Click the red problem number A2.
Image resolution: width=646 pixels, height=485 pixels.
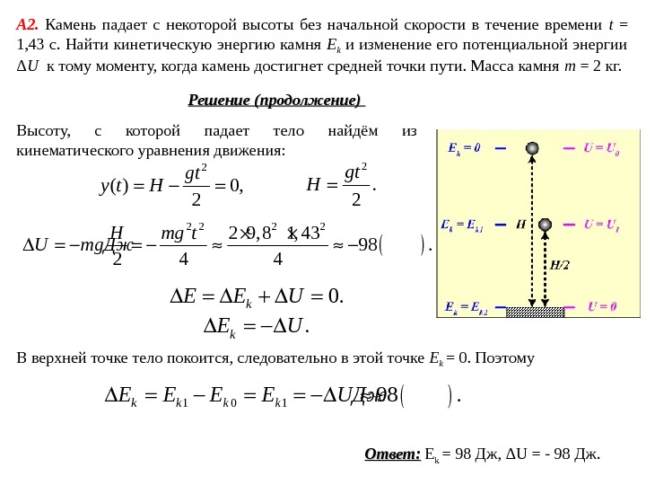(27, 24)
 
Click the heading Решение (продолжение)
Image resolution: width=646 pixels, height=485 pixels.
(275, 100)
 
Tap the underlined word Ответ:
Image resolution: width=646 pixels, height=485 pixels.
(392, 454)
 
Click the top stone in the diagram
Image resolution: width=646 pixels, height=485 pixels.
(532, 148)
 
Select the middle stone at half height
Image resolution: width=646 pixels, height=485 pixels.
(545, 224)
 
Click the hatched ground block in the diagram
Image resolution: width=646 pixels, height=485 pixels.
(535, 312)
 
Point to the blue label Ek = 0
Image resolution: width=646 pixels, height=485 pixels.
(464, 148)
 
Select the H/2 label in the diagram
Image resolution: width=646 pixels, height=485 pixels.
(559, 265)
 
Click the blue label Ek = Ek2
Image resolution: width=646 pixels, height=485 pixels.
(466, 307)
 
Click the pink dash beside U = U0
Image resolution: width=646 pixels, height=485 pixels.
(569, 148)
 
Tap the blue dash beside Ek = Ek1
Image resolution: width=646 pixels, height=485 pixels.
(500, 225)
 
